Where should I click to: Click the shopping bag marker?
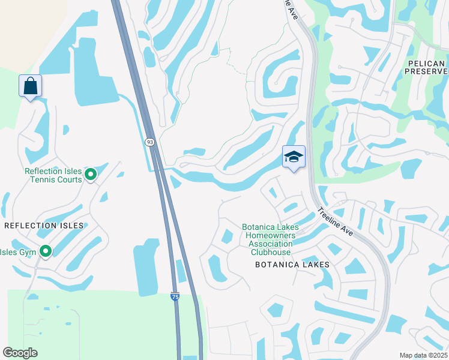tap(30, 86)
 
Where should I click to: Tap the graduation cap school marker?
tap(294, 157)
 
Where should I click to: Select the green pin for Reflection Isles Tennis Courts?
tap(91, 175)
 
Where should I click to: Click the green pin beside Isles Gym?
tap(46, 252)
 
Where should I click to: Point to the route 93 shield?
tap(149, 142)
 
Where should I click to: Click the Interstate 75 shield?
tap(175, 296)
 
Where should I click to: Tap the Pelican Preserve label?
tap(424, 68)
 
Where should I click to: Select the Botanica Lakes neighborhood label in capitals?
tap(292, 265)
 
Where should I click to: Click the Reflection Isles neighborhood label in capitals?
tap(44, 226)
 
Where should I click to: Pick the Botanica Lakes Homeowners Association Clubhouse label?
tap(270, 240)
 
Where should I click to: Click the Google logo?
tap(20, 353)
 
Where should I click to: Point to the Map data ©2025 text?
tap(423, 355)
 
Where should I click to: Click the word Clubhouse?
tap(271, 253)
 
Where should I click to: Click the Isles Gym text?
tap(18, 252)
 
